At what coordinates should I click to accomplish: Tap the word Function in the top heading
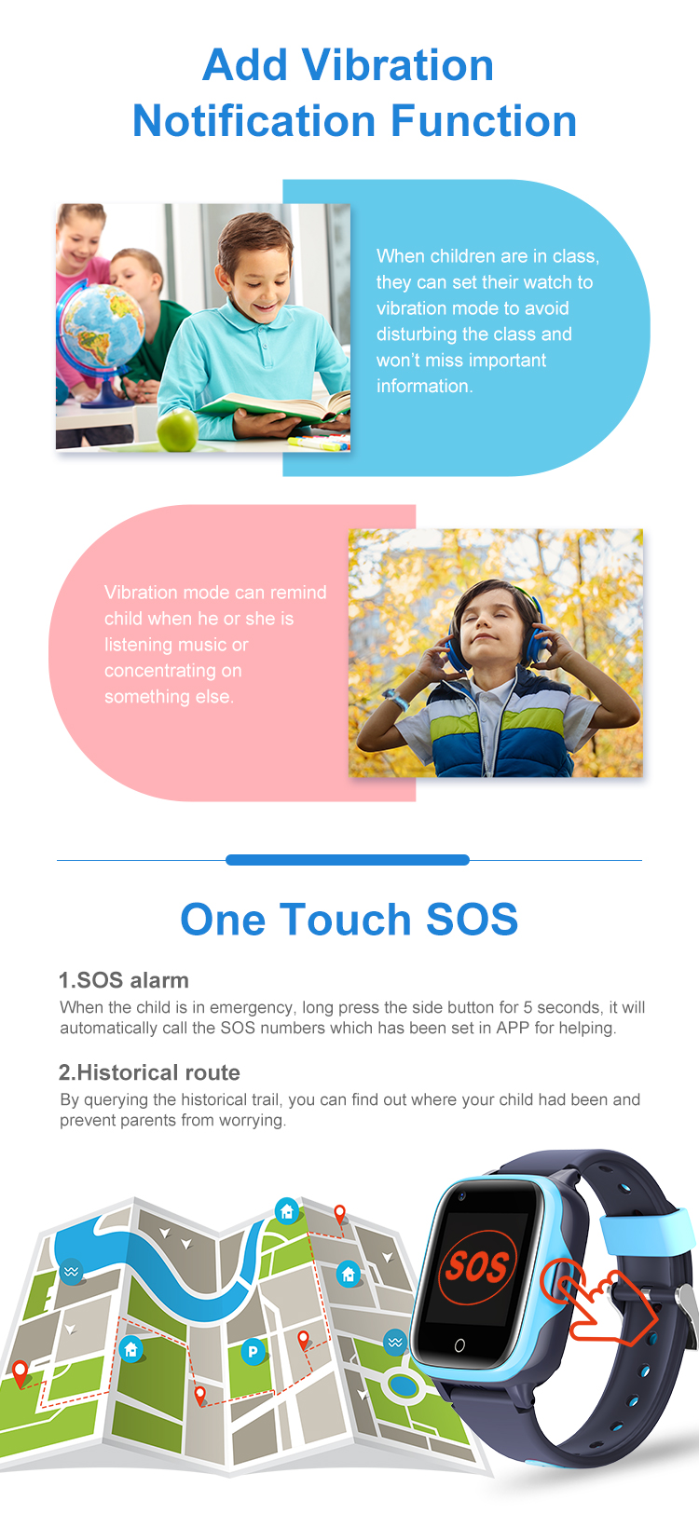484,121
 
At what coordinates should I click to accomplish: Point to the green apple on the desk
177,430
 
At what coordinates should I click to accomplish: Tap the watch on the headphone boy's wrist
394,700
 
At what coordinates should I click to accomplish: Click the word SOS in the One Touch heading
472,919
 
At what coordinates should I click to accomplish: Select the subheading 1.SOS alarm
124,980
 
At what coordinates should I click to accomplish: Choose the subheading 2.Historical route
149,1072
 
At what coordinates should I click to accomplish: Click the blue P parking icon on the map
254,1351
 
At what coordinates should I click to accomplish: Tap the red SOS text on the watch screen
477,1266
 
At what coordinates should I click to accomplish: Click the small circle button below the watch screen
459,1345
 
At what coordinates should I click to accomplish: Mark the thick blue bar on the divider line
348,859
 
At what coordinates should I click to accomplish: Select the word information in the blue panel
425,386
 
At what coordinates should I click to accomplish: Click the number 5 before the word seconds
528,1007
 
